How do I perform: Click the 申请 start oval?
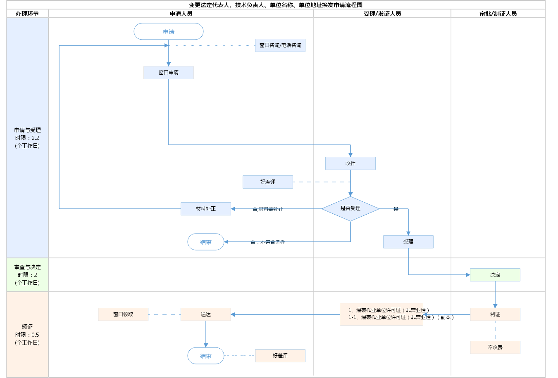(x=169, y=31)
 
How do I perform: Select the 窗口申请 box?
(x=169, y=73)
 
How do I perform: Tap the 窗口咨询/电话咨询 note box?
(x=280, y=45)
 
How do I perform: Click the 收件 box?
(x=351, y=163)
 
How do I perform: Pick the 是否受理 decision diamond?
(x=351, y=209)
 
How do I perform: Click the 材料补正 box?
(x=206, y=209)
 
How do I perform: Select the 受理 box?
(x=408, y=242)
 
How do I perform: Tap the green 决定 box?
(x=495, y=275)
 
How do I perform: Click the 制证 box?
(x=495, y=314)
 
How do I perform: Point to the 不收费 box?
(x=495, y=347)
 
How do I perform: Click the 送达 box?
(x=206, y=314)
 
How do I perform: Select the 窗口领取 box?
(x=123, y=314)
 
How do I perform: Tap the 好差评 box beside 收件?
(x=268, y=182)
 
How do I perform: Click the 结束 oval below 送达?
(x=206, y=356)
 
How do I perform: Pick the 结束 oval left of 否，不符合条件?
(x=206, y=242)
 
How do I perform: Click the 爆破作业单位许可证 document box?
(x=382, y=314)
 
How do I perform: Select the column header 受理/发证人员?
(x=382, y=14)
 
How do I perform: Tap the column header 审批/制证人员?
(x=498, y=14)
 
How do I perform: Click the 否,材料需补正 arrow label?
(x=268, y=209)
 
